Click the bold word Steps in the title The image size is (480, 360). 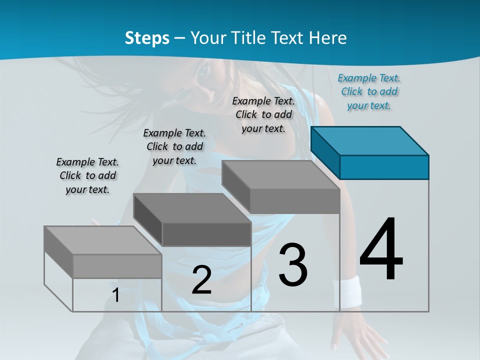tap(147, 38)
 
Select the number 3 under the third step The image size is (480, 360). tap(293, 265)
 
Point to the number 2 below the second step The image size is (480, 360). tap(201, 280)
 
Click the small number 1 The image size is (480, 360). tap(116, 295)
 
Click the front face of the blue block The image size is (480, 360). tap(384, 167)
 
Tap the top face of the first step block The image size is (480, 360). tap(103, 240)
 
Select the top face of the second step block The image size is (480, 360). tap(192, 208)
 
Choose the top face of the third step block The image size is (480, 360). tap(281, 175)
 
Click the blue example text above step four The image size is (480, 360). tap(369, 91)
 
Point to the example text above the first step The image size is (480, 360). tap(87, 175)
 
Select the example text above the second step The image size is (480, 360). tap(174, 146)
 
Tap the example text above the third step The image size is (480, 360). tap(263, 114)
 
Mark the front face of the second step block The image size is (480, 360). tap(206, 234)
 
